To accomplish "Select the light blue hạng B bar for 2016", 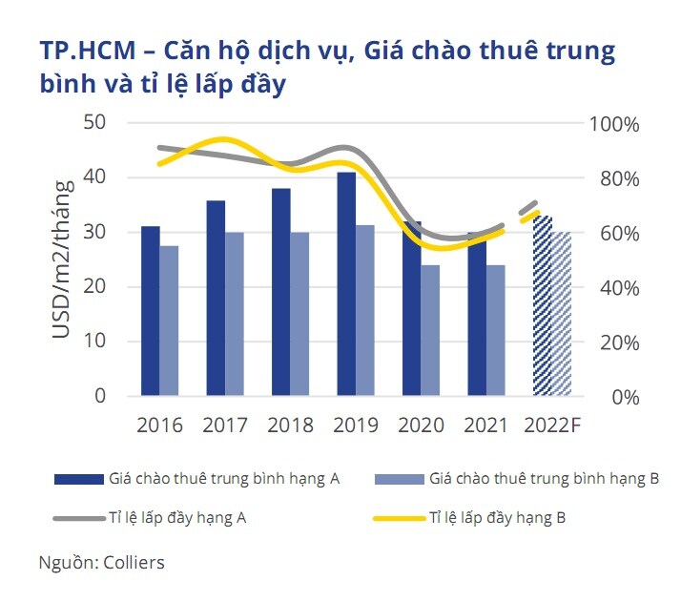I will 168,321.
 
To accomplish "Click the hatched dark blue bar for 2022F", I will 542,305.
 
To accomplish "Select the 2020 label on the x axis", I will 420,424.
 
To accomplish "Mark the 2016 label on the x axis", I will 159,424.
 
